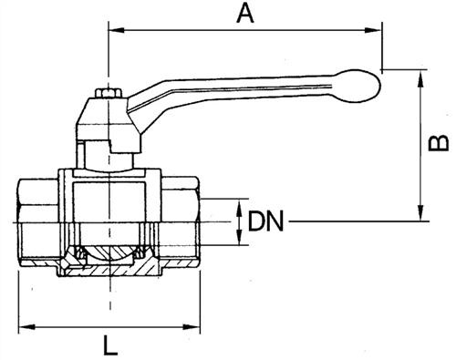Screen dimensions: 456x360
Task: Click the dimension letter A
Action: [x=245, y=14]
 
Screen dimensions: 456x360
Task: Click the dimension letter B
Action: [x=438, y=143]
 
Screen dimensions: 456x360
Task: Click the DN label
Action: [x=265, y=221]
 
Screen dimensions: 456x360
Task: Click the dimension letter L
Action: [x=110, y=345]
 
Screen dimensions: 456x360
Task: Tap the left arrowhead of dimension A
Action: [x=116, y=30]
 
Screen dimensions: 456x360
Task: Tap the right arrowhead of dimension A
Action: [x=373, y=30]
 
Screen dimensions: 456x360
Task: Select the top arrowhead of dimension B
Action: [x=420, y=78]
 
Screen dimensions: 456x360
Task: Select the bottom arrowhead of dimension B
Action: [x=420, y=212]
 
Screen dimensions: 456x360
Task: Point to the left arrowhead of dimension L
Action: [x=26, y=327]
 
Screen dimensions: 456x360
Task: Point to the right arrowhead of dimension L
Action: [x=192, y=327]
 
